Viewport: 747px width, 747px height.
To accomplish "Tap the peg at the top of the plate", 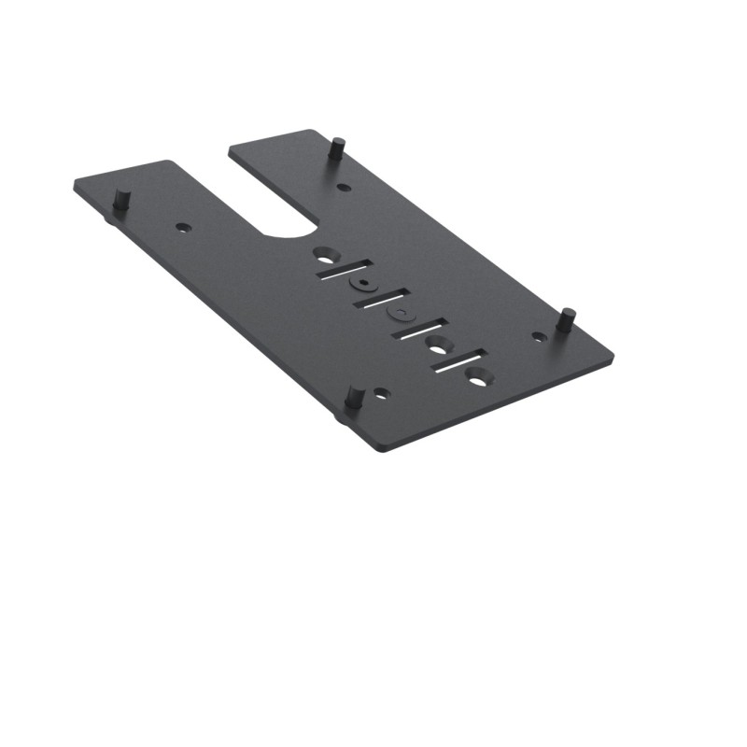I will pos(338,148).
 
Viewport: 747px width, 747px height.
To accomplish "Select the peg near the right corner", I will pos(565,318).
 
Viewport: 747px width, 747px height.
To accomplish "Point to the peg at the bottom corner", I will pos(354,397).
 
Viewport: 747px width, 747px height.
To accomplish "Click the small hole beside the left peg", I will pos(183,227).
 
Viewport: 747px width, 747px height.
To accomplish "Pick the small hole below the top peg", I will pos(344,188).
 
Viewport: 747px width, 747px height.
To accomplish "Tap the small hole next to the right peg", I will pos(539,336).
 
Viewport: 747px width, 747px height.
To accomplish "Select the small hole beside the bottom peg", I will pos(380,394).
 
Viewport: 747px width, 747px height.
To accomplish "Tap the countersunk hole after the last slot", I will pos(479,377).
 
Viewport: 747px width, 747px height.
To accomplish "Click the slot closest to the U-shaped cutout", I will pos(343,269).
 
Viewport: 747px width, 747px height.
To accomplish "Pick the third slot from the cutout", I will pos(420,329).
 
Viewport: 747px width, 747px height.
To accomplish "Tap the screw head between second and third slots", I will pos(400,313).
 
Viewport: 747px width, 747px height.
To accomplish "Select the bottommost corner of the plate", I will pos(381,452).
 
